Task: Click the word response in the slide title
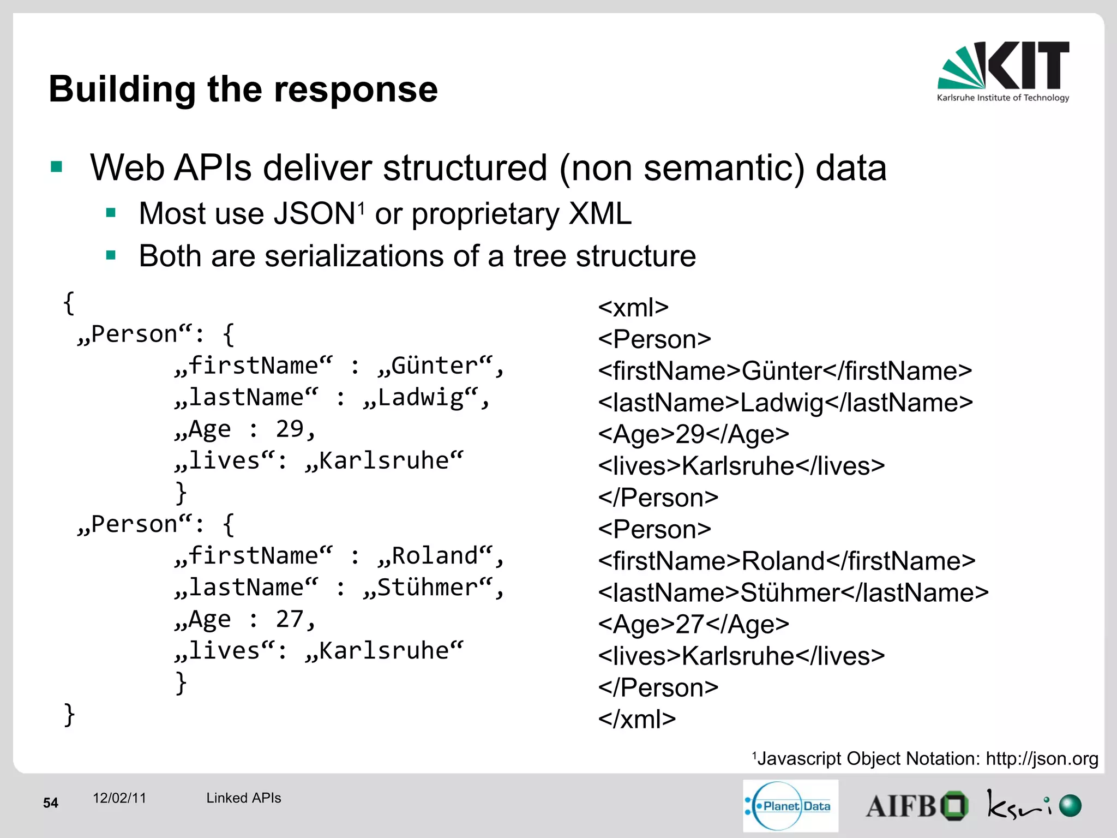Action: [x=356, y=89]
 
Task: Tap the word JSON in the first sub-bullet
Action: [x=314, y=213]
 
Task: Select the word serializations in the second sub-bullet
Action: [x=359, y=256]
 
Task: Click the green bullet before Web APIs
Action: [x=57, y=167]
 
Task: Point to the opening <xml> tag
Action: [x=633, y=308]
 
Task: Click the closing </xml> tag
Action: [x=636, y=719]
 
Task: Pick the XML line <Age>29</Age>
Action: [x=693, y=434]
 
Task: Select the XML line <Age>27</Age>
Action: [x=693, y=624]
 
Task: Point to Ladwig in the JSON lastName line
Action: [x=420, y=397]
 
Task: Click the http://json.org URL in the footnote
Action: [x=1042, y=758]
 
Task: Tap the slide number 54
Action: [x=51, y=803]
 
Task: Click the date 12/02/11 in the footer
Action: [x=119, y=798]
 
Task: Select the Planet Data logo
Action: [x=790, y=806]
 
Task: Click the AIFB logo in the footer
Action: [x=916, y=806]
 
